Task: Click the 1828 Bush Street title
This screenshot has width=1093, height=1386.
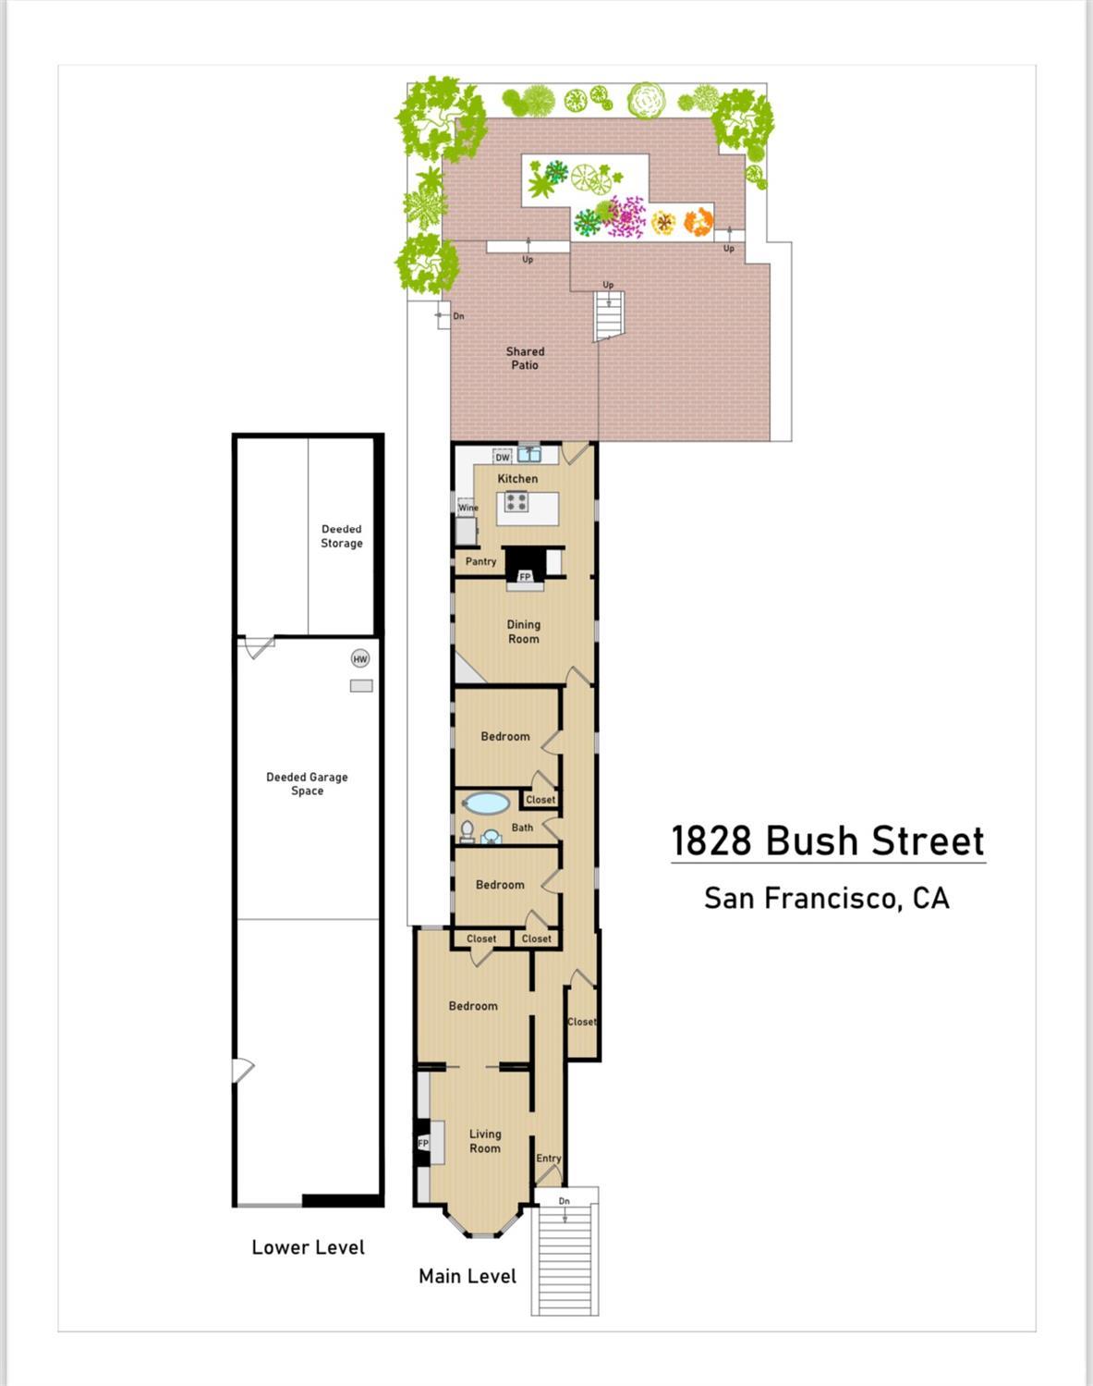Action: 827,841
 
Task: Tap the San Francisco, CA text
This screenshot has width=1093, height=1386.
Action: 827,898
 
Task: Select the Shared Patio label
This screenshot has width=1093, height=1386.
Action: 525,358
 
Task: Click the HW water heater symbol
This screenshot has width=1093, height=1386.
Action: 360,659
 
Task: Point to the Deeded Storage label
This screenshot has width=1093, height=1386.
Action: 341,536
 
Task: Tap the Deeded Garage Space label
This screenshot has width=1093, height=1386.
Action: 307,784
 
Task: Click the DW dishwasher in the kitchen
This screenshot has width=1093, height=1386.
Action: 503,457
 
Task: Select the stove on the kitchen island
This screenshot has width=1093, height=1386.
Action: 516,503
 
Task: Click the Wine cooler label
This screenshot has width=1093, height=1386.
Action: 468,508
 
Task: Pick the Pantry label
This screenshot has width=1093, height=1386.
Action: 480,561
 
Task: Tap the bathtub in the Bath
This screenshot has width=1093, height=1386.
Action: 485,803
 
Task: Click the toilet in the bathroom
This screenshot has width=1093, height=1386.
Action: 467,831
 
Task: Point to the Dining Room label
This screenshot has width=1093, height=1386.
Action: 523,632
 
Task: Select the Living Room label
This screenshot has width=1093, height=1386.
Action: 485,1141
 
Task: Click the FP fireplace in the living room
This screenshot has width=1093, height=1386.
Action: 423,1144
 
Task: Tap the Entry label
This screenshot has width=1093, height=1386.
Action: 549,1159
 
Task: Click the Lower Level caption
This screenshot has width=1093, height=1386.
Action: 308,1247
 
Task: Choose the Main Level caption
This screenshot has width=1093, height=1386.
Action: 468,1276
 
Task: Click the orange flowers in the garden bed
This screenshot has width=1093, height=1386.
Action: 698,222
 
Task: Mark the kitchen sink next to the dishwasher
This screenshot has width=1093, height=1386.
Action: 528,454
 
